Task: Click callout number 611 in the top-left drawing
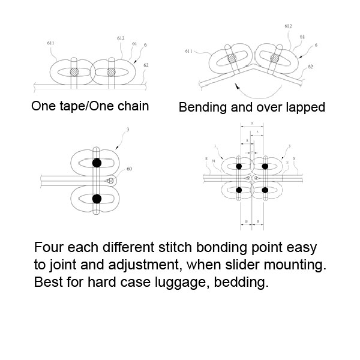[x=49, y=44]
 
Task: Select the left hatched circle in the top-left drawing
[x=74, y=71]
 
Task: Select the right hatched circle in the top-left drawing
[x=111, y=71]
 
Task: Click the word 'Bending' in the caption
[x=202, y=109]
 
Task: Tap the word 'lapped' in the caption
[x=305, y=109]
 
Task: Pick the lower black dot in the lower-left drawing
[x=96, y=198]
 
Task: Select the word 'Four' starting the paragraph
[x=46, y=247]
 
